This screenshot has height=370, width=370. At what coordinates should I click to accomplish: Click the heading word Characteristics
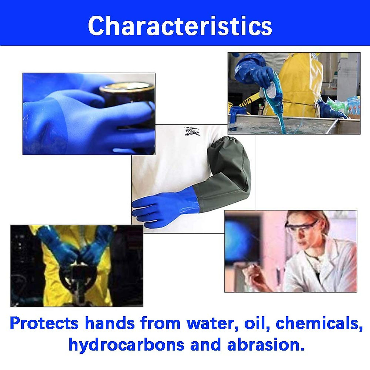pyautogui.click(x=180, y=26)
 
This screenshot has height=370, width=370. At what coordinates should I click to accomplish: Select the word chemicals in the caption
pyautogui.click(x=319, y=323)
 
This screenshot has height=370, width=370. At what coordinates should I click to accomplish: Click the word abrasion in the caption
pyautogui.click(x=266, y=345)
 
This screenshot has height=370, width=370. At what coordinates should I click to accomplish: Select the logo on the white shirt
pyautogui.click(x=192, y=132)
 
